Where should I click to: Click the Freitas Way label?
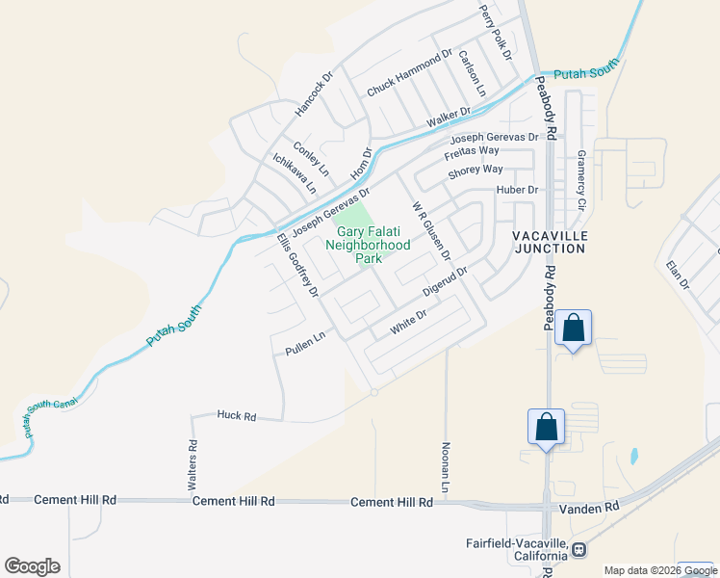tap(471, 152)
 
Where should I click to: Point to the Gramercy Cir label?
tap(581, 179)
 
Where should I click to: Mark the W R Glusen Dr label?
tap(431, 231)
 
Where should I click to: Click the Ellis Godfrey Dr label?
tap(296, 264)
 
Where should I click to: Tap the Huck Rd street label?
tap(237, 416)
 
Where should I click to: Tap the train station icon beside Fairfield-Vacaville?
tap(579, 550)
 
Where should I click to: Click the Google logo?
tap(32, 566)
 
